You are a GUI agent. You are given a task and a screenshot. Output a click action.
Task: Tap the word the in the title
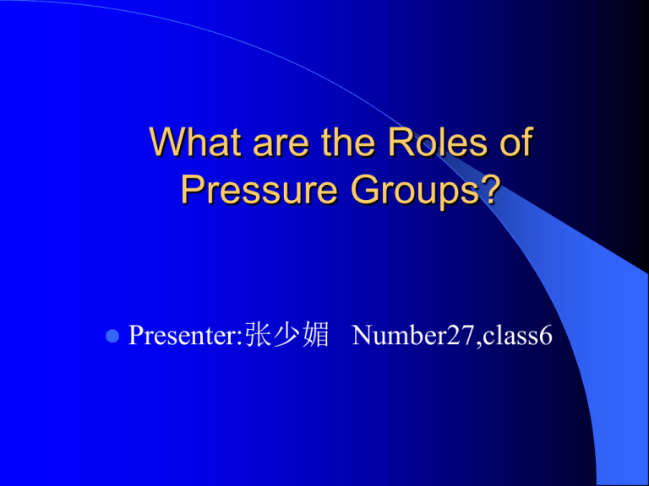[x=344, y=143]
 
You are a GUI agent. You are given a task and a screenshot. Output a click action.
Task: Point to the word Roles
[x=429, y=143]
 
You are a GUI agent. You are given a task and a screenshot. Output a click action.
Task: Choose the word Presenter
[x=181, y=337]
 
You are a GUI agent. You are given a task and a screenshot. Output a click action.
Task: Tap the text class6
[x=515, y=337]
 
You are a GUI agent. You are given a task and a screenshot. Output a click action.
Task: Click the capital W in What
[x=164, y=143]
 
